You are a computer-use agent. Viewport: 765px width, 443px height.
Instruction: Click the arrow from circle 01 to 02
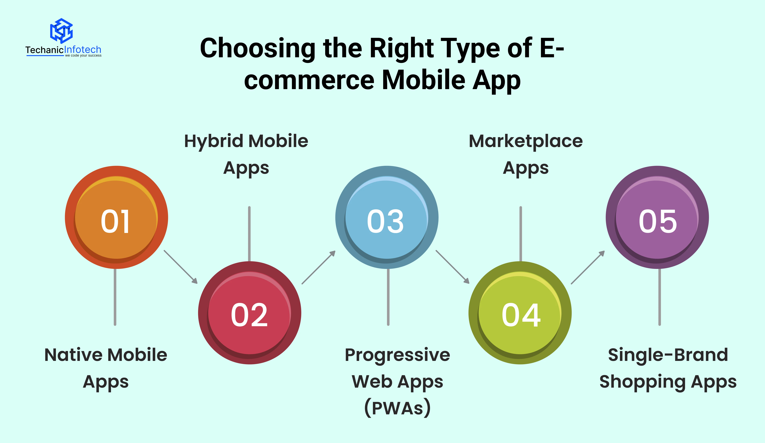coord(181,267)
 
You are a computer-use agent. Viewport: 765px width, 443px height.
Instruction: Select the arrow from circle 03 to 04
coord(452,267)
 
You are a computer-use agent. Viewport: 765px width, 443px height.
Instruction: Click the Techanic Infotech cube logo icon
coord(61,31)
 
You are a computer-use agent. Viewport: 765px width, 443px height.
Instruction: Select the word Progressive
coord(397,355)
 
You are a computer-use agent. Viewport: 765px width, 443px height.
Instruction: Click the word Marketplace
coord(526,142)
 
